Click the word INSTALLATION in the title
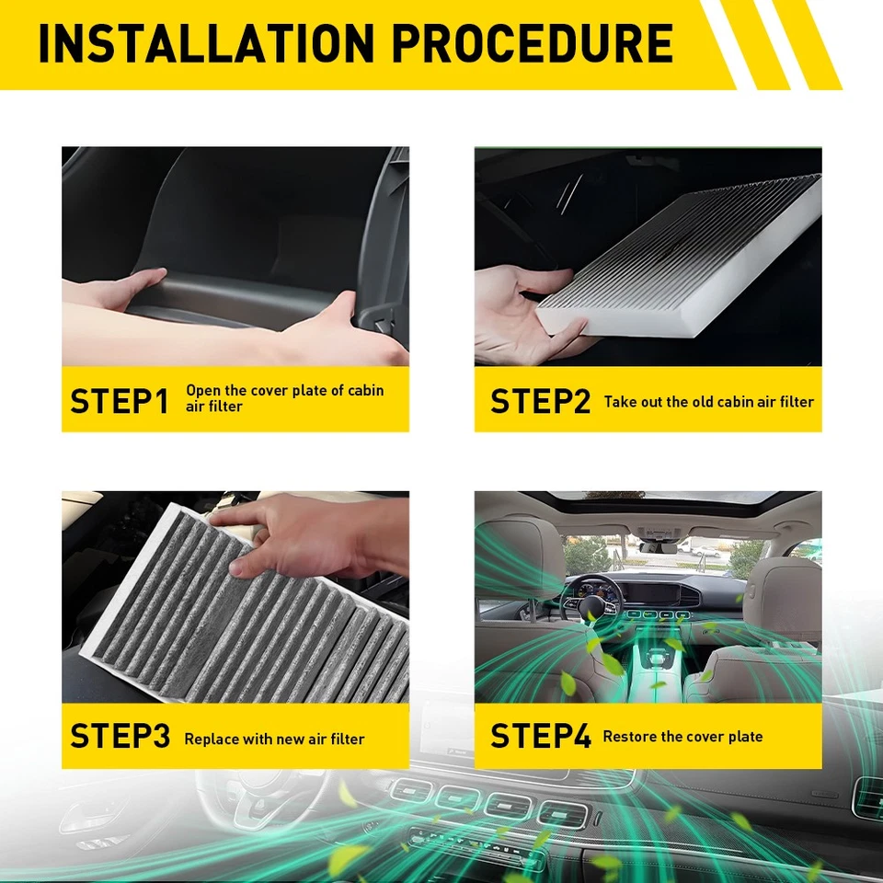203,43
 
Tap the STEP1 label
120,401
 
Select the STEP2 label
540,401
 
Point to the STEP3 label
120,737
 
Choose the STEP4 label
540,737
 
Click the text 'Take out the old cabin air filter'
708,401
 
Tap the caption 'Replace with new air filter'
274,739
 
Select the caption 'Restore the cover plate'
682,736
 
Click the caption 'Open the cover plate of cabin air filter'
284,397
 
